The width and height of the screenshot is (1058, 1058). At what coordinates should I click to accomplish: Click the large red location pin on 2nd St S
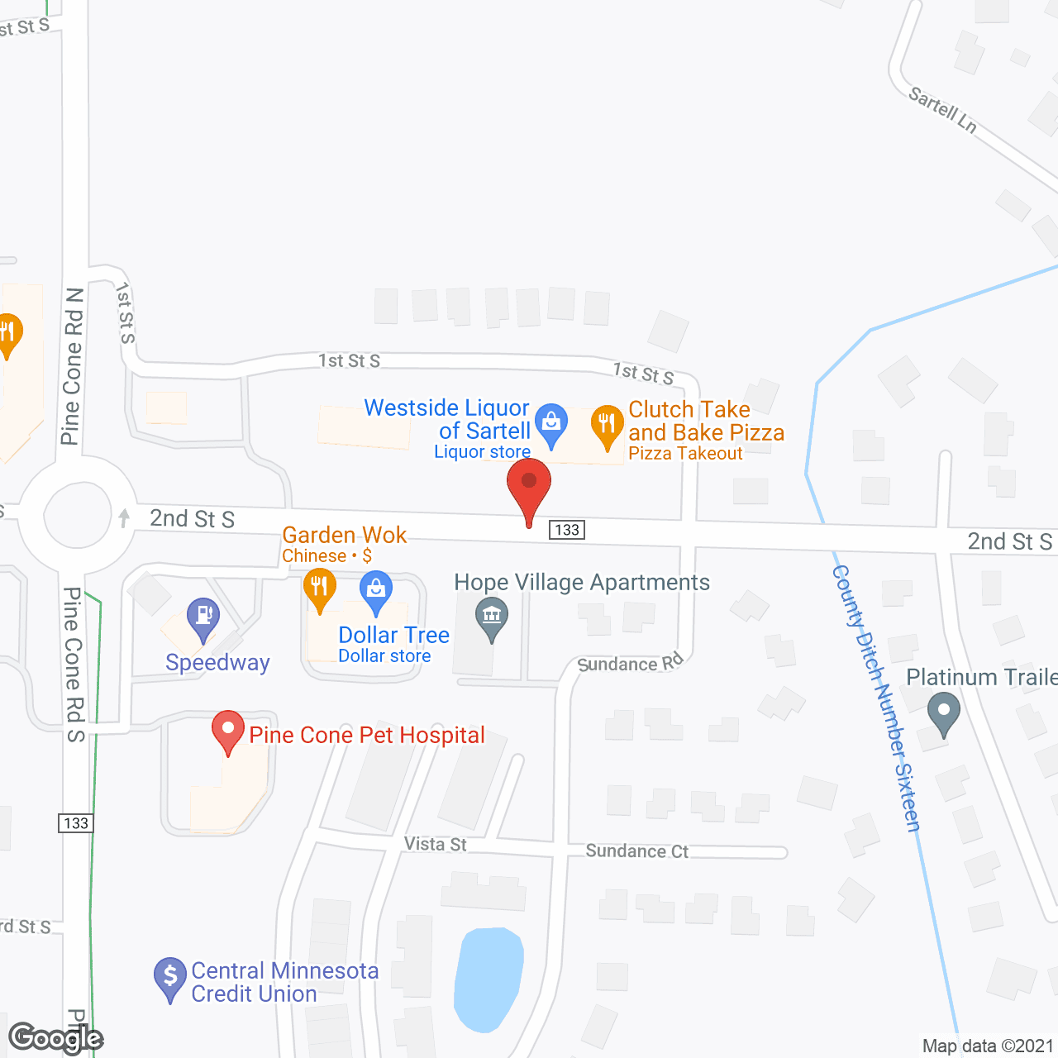tap(529, 487)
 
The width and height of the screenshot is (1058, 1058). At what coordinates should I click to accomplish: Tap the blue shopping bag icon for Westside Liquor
tap(550, 422)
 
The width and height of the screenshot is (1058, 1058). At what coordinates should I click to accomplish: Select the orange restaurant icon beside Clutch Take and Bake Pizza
tap(607, 425)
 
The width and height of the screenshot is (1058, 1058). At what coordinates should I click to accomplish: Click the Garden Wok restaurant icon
tap(319, 589)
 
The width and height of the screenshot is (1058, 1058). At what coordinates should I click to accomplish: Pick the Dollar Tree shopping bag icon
tap(376, 591)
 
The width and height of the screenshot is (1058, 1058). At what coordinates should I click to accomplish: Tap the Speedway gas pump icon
tap(203, 617)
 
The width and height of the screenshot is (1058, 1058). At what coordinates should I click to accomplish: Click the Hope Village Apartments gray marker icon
tap(492, 617)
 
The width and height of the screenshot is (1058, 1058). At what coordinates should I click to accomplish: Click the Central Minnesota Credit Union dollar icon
tap(170, 977)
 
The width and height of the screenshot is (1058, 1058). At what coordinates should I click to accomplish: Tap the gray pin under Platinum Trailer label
tap(943, 712)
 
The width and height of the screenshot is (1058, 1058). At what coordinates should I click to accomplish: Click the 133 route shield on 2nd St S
tap(567, 530)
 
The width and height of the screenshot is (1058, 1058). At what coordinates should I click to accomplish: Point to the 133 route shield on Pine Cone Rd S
tap(75, 823)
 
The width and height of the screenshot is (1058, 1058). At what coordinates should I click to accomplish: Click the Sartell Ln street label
tap(943, 110)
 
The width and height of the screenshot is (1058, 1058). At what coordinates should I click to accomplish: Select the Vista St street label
tap(435, 844)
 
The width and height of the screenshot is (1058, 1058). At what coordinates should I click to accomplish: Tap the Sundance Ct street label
tap(636, 851)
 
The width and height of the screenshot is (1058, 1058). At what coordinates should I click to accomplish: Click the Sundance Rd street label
tap(630, 663)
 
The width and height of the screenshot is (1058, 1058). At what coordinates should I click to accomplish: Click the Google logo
tap(55, 1038)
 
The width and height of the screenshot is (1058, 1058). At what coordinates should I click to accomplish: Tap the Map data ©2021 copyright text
tap(988, 1046)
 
